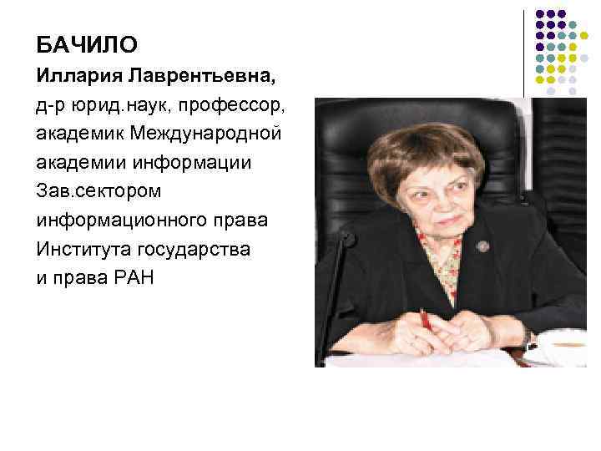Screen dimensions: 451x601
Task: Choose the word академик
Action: [x=81, y=134]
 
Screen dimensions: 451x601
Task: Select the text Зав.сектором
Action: [x=99, y=191]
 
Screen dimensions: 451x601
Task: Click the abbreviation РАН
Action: [x=134, y=277]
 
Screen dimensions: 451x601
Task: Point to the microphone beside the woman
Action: [x=339, y=276]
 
